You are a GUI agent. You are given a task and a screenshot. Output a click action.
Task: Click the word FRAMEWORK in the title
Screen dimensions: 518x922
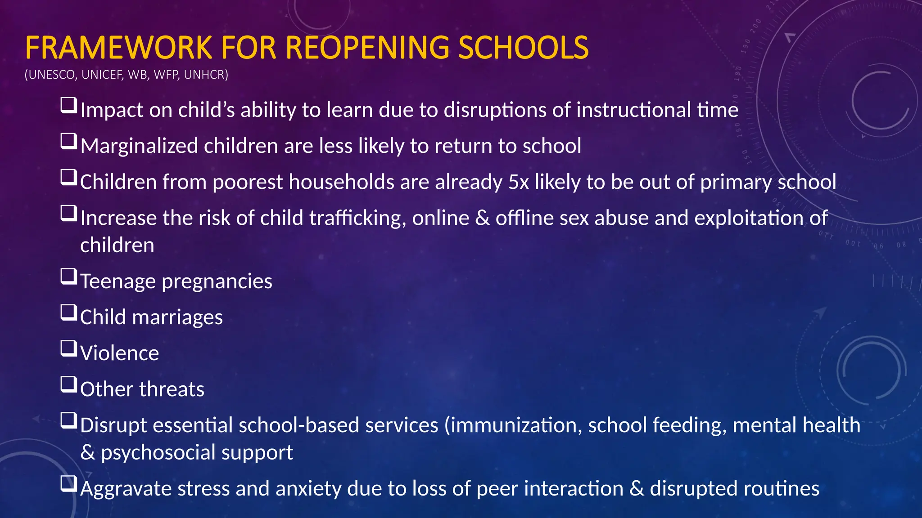[x=118, y=47]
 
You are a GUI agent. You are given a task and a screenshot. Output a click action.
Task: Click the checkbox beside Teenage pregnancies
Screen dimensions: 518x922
[x=68, y=277]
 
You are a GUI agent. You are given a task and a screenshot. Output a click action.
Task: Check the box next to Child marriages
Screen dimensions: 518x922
[x=68, y=313]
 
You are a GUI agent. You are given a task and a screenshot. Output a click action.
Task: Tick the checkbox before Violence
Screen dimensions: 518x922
[x=68, y=348]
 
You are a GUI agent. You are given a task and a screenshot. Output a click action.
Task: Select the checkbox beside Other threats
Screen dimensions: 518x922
[x=68, y=384]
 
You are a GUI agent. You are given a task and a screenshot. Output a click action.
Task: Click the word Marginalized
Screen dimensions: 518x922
[x=139, y=146]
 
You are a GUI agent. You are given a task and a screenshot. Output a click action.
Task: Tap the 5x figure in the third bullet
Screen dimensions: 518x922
[x=519, y=182]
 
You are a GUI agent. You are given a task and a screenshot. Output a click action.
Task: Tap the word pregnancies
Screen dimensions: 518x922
[x=217, y=282]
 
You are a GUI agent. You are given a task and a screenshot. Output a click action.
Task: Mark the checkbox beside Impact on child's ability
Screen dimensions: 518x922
[x=68, y=106]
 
